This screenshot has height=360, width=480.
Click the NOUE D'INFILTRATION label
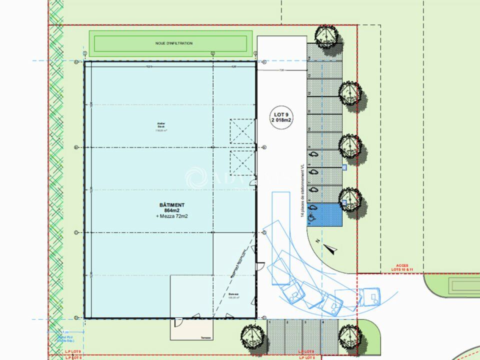(174, 43)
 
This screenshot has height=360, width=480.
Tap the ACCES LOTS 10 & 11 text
(402, 267)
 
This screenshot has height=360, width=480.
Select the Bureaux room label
(234, 295)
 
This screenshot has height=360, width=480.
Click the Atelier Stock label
(161, 126)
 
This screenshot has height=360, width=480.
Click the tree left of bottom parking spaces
(251, 333)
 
